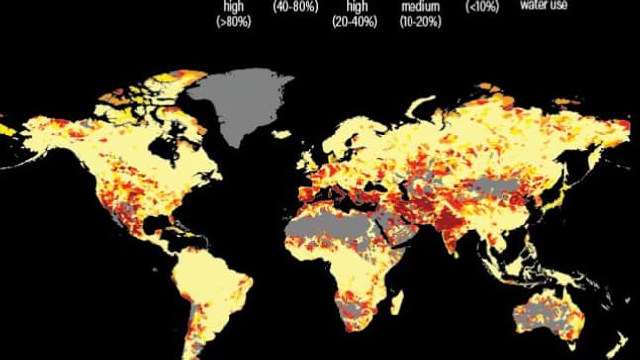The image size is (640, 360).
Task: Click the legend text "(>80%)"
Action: click(229, 19)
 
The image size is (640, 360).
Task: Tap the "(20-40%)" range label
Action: click(355, 19)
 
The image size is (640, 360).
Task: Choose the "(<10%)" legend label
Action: click(482, 6)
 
